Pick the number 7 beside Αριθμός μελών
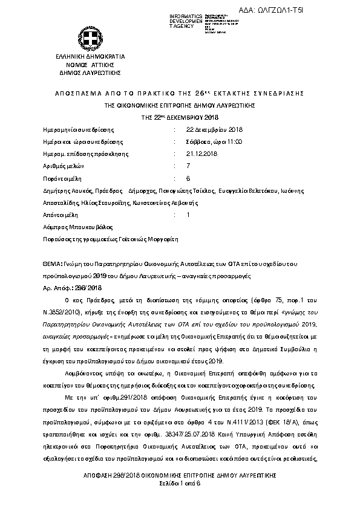(x=188, y=166)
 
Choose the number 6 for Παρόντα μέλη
(x=188, y=178)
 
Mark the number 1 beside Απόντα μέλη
(x=188, y=215)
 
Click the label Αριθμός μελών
(x=64, y=166)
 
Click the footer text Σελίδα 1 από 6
(x=180, y=484)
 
